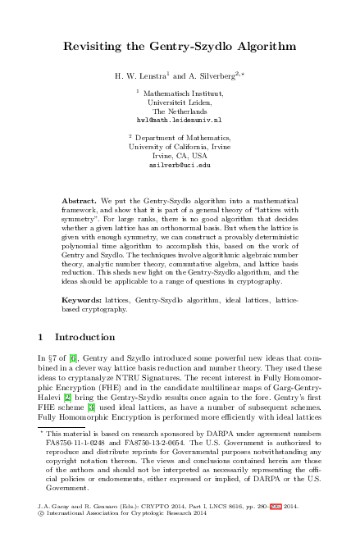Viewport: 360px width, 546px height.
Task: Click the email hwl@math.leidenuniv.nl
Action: coord(180,119)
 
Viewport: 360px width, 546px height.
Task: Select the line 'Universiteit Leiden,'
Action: coord(180,102)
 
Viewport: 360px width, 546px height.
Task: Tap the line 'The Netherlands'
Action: coord(180,111)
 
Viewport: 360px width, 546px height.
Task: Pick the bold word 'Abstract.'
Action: coord(80,201)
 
